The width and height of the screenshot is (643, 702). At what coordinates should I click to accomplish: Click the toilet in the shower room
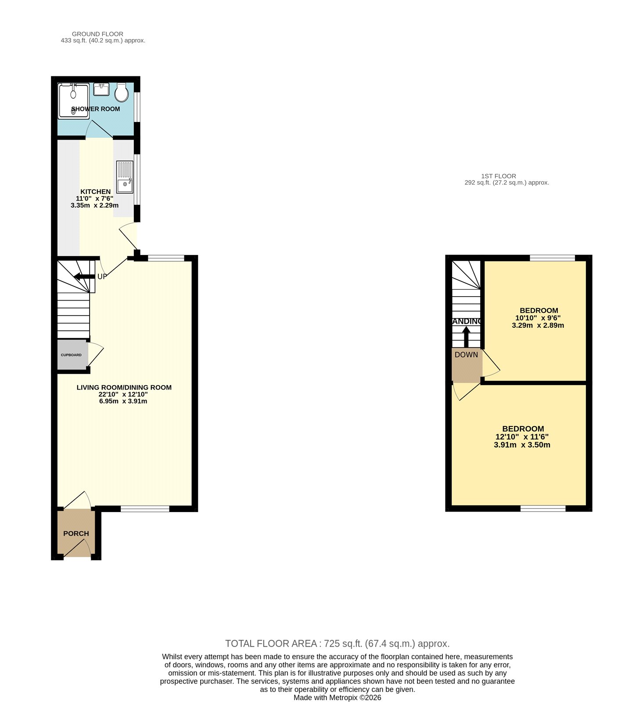pos(122,92)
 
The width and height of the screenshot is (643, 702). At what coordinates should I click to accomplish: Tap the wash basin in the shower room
pos(101,89)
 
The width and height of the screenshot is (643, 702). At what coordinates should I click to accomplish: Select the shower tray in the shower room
pos(74,101)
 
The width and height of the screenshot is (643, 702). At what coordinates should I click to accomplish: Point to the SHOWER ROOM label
pos(96,109)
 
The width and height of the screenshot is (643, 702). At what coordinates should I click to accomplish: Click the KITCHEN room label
pos(96,192)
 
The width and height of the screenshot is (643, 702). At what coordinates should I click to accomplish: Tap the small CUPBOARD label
pos(71,355)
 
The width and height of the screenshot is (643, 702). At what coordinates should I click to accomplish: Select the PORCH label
pos(76,534)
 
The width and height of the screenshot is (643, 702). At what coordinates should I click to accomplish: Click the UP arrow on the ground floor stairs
pos(84,276)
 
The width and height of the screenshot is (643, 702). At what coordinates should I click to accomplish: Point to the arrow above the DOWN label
pos(466,337)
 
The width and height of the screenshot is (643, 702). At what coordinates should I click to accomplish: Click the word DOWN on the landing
pos(466,355)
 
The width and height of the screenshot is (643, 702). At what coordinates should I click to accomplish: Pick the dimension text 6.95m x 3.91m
pos(123,401)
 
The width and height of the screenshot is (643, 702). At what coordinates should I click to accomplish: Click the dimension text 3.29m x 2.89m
pos(538,326)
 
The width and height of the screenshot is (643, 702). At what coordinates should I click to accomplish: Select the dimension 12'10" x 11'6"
pos(522,437)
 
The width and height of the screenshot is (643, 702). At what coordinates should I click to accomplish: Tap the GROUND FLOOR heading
pos(97,34)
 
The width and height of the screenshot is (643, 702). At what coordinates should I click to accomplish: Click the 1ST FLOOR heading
pos(498,176)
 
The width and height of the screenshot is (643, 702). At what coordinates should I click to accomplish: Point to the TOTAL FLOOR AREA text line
pos(337,644)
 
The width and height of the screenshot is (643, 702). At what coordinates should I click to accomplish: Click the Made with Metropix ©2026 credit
pos(337,698)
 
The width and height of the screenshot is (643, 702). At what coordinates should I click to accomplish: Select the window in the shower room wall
pos(137,106)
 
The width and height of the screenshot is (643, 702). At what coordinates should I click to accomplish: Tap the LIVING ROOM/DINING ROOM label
pos(124,387)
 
